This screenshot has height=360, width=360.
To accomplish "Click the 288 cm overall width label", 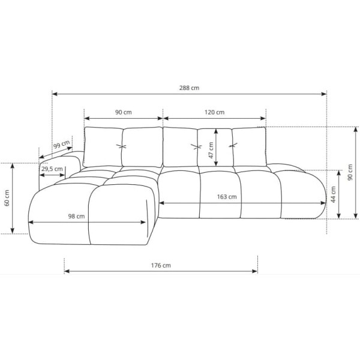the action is (189, 88).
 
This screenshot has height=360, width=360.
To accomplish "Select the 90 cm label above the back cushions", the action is (123, 112).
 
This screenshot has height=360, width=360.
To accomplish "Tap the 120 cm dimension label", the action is (214, 112).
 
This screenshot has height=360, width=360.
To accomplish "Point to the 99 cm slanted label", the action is (62, 145).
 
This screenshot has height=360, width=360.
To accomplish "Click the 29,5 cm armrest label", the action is (52, 169).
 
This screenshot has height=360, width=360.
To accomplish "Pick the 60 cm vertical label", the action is (7, 198).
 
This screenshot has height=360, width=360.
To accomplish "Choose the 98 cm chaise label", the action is (76, 216).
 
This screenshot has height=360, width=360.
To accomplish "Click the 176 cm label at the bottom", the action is (161, 265).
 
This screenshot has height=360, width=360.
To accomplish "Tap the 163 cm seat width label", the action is (227, 197).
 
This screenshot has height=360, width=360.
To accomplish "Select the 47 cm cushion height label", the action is (211, 150).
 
